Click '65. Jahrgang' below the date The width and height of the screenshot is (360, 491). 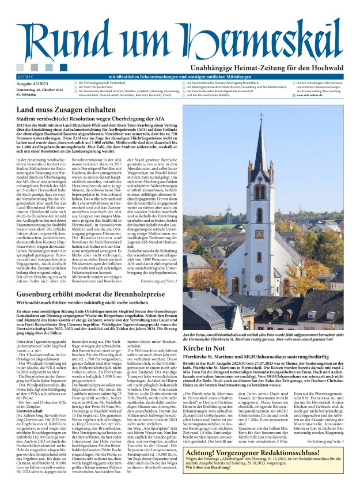(27, 95)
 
